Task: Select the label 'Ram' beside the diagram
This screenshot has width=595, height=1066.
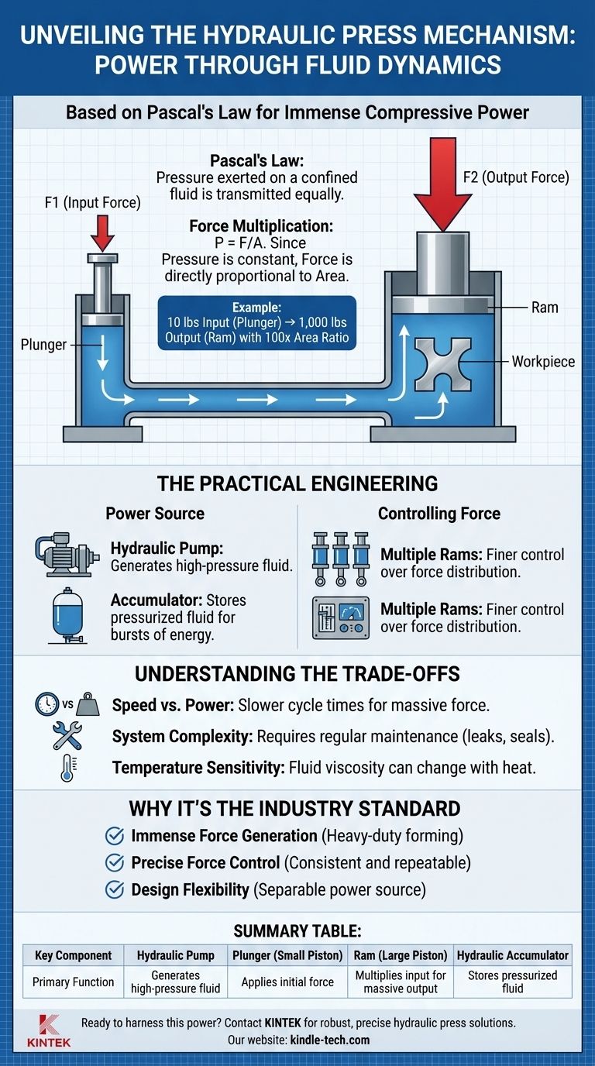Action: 544,307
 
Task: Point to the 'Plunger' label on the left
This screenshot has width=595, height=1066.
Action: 43,345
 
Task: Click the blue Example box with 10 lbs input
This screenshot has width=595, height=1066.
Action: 256,323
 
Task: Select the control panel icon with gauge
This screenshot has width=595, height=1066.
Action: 340,617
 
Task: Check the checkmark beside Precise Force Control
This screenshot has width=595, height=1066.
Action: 115,862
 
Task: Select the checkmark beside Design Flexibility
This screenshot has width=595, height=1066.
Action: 115,889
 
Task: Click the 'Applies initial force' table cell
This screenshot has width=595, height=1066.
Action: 287,982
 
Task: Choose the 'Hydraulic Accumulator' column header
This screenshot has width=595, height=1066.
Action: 512,955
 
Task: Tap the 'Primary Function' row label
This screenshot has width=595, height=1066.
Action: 73,982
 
